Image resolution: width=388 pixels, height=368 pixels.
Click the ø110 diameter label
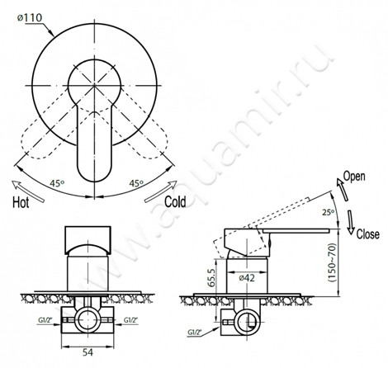(x=30, y=18)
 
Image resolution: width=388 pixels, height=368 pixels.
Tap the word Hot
(x=21, y=203)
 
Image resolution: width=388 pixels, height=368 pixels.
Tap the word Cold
(x=175, y=202)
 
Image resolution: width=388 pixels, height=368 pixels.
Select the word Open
(x=354, y=177)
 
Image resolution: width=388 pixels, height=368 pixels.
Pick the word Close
(x=368, y=234)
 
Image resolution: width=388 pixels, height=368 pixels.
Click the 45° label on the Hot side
(x=57, y=183)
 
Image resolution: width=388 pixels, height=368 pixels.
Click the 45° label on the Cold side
(x=137, y=183)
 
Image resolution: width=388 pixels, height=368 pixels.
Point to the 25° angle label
(x=329, y=212)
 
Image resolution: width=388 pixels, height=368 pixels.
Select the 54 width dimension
(x=88, y=352)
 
